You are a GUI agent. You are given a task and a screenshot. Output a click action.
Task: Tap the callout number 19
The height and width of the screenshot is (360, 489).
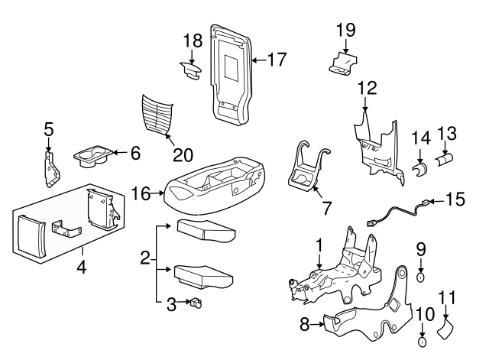[346, 31]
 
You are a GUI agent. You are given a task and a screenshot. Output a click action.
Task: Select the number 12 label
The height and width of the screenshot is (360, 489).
[367, 88]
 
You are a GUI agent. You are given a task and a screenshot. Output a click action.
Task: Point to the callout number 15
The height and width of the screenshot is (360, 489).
[455, 199]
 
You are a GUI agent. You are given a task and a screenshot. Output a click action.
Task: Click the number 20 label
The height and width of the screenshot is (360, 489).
[183, 154]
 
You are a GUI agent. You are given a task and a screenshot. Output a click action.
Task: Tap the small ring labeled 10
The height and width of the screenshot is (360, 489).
[422, 332]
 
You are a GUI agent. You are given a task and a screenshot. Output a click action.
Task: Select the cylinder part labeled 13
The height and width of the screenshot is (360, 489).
[445, 162]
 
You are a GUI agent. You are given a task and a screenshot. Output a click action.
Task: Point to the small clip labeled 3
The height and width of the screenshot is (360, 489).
[196, 303]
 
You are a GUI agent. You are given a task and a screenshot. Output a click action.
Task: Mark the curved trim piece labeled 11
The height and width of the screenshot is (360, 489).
[446, 329]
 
